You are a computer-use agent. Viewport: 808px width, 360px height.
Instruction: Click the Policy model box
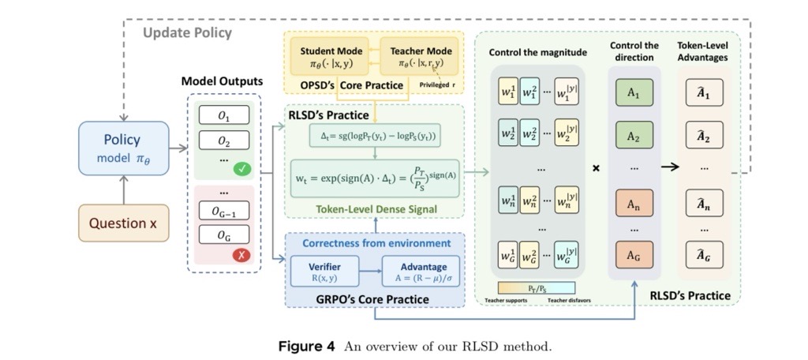pos(123,147)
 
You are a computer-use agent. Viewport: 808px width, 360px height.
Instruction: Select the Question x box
pos(123,223)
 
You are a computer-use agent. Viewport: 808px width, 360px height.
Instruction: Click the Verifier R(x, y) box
pos(326,272)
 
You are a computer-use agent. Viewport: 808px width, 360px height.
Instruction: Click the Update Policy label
pos(187,32)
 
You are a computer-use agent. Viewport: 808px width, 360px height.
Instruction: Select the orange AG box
pos(634,256)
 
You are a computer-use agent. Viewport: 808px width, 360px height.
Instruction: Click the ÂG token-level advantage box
pos(704,256)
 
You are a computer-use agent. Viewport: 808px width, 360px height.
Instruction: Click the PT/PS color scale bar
pos(537,288)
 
